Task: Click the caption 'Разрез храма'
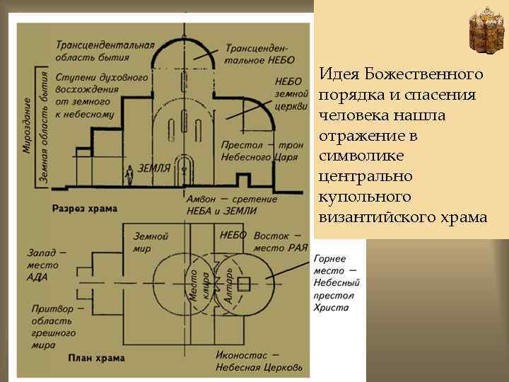click(x=84, y=209)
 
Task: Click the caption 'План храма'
click(x=91, y=358)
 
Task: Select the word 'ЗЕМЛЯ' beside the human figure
click(x=154, y=168)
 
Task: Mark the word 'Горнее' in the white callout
click(x=329, y=260)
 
